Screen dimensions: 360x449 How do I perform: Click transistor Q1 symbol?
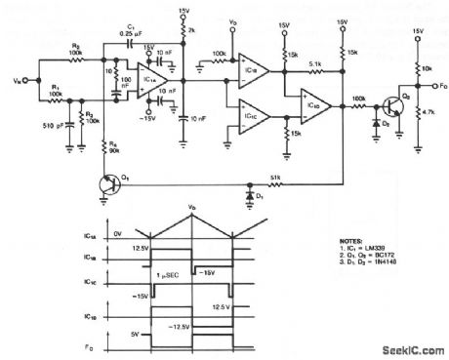pyautogui.click(x=107, y=182)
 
